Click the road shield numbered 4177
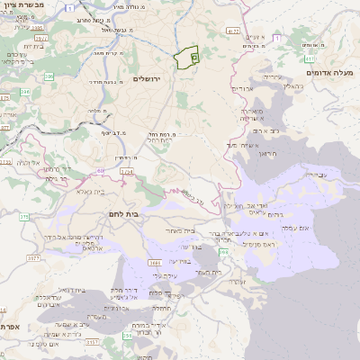pyautogui.click(x=233, y=31)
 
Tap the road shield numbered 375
pyautogui.click(x=24, y=216)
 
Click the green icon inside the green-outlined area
pyautogui.click(x=194, y=57)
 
